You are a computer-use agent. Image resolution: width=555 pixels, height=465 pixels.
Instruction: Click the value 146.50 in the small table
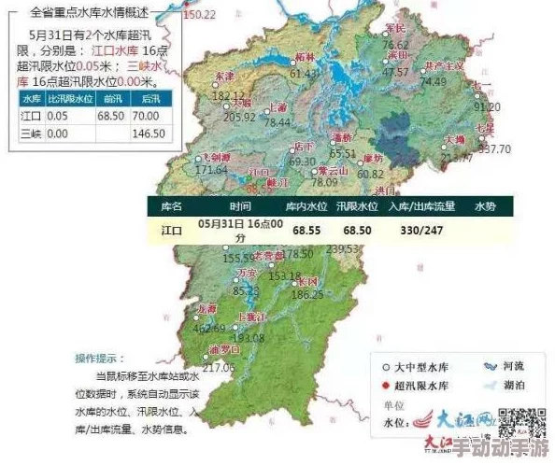[x=147, y=134]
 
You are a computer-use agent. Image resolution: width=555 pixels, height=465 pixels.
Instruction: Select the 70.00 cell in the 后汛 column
[x=147, y=115]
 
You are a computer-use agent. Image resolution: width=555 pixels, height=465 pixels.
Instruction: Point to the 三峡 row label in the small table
[x=31, y=134]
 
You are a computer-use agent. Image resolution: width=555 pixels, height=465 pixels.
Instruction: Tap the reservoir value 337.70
[x=494, y=148]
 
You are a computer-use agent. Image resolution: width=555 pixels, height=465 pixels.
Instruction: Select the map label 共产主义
[x=444, y=67]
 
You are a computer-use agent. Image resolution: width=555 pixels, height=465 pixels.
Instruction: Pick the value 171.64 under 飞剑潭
[x=211, y=170]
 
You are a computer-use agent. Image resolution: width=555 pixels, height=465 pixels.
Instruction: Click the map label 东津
[x=225, y=76]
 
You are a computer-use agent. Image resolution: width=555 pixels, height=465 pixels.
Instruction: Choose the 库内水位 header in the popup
[x=306, y=206]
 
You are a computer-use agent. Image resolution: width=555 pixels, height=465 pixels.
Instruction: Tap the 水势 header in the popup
[x=485, y=206]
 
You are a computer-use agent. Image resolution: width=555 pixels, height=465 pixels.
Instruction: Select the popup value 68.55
[x=306, y=229]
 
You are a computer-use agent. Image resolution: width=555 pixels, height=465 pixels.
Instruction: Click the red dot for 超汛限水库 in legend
[x=386, y=385]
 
